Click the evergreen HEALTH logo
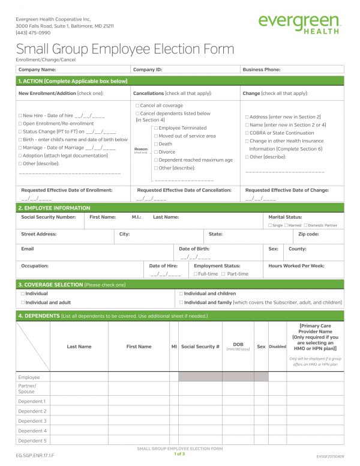pos(300,23)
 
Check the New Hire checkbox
pos(20,115)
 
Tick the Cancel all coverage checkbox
pos(137,105)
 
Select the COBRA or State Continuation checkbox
pos(247,133)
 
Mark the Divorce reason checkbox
pos(156,152)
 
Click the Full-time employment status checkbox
pos(196,274)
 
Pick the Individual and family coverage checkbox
pos(181,303)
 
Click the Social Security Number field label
pos(48,217)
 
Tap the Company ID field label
pos(147,70)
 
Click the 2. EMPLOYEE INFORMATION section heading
pos(54,207)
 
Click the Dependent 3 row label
pos(32,421)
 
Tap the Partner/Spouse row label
pos(28,389)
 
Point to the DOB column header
pos(238,345)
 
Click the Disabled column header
pos(277,346)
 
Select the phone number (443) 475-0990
pos(33,33)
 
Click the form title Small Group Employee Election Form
pos(125,49)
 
